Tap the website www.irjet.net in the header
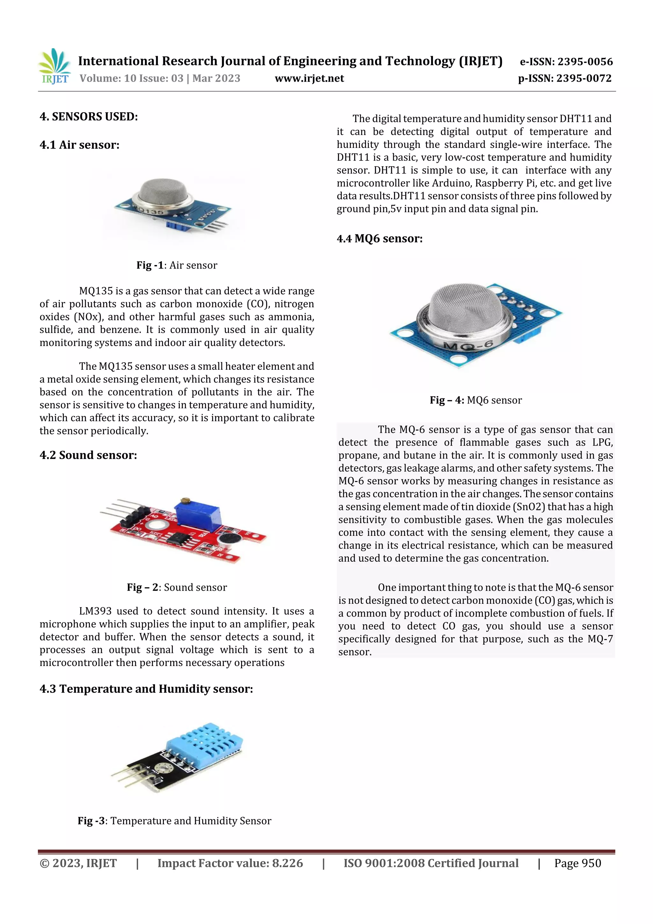tap(309, 78)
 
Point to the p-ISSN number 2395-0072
tap(584, 78)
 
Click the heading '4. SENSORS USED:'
tap(89, 117)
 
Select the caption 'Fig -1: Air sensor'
tap(177, 265)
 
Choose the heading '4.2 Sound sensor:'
tap(88, 455)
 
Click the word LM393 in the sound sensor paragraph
tap(95, 611)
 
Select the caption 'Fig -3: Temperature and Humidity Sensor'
tap(174, 821)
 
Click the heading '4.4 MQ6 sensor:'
tap(379, 239)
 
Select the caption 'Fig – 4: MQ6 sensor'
tap(476, 400)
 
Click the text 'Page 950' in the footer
tap(577, 863)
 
